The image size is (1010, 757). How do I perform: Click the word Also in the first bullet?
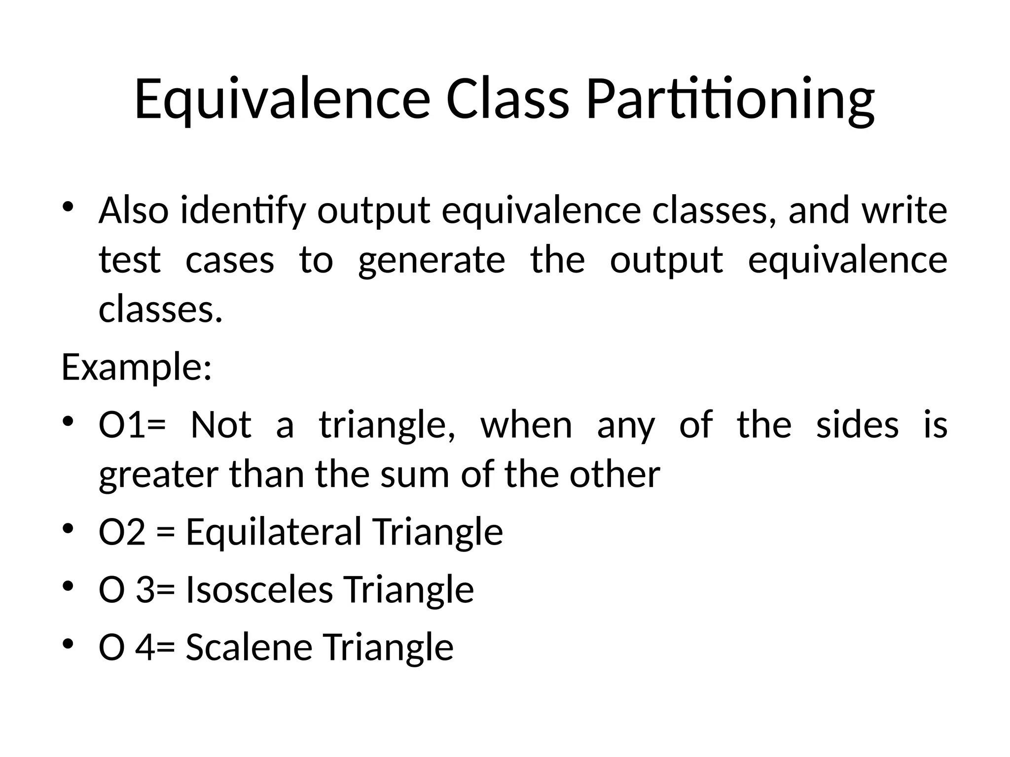pos(134,210)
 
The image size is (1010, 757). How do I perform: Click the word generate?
pos(432,261)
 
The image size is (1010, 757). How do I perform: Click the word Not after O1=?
pos(221,425)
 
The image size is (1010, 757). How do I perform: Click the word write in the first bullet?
pos(904,210)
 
